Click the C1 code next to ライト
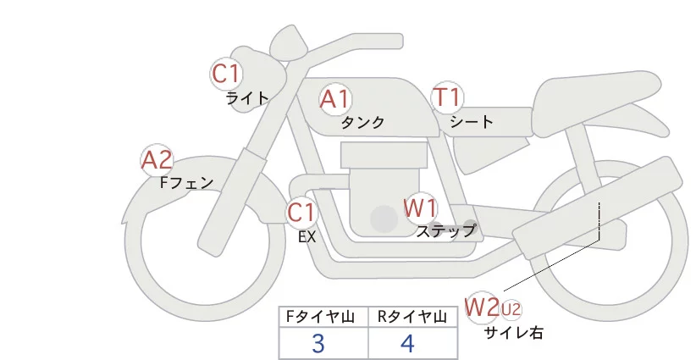[x=226, y=74]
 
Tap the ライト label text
[x=247, y=97]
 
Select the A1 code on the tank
[x=335, y=99]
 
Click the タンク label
[x=362, y=123]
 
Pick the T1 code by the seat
[x=446, y=98]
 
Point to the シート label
[x=472, y=122]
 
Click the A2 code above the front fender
[x=157, y=159]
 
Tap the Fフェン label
[x=186, y=181]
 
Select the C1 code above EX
[x=301, y=212]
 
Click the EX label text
[x=307, y=237]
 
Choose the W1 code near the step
[x=420, y=208]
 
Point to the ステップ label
[x=446, y=230]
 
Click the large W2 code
[x=483, y=306]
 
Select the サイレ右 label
[x=513, y=333]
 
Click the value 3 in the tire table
[x=318, y=344]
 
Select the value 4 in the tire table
[x=408, y=344]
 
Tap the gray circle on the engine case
[x=384, y=220]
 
